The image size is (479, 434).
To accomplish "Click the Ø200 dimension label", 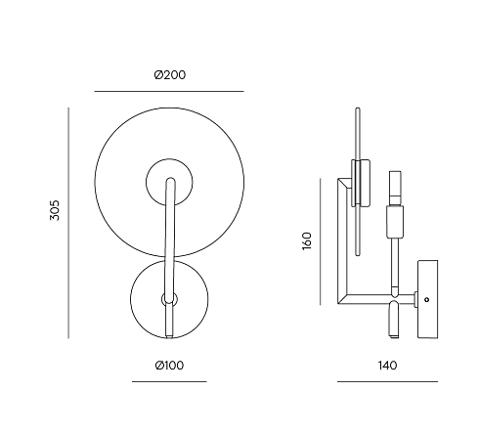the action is coord(170,75).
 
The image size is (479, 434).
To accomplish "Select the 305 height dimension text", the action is coord(55,210).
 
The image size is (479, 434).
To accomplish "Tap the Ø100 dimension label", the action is coord(169,366).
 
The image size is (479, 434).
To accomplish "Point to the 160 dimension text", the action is coord(307,241).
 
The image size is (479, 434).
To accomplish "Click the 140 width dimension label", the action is coord(388,366).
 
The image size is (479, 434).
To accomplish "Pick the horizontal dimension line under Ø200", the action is coord(169,91).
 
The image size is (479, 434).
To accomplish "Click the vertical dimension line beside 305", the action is coord(68,223).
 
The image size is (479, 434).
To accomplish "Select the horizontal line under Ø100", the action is coord(169,381).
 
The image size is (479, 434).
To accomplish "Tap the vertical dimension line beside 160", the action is coord(321,241).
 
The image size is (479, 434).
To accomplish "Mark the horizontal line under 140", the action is coord(387,381).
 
